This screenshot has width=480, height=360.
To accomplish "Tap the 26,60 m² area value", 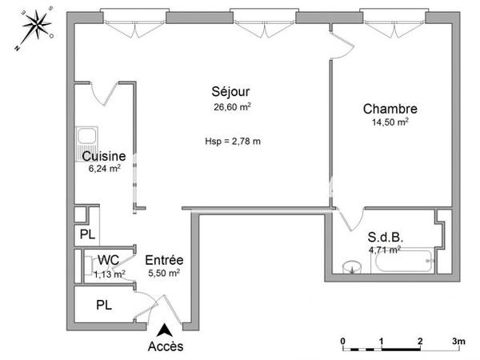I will [x=227, y=106].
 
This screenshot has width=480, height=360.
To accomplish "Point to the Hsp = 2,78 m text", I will [x=233, y=142].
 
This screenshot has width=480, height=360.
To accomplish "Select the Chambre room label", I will [x=390, y=109].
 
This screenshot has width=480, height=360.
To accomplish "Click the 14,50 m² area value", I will [x=390, y=122].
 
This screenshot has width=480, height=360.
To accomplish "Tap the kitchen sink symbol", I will [x=85, y=141].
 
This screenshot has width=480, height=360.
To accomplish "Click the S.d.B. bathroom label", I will [x=384, y=237].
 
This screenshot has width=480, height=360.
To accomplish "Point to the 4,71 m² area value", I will [x=384, y=250].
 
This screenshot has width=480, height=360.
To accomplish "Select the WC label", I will [x=108, y=260].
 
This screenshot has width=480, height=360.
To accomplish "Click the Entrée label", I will [x=165, y=260].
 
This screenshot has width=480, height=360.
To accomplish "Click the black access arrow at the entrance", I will [x=166, y=329].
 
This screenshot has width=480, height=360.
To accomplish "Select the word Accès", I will [x=166, y=346].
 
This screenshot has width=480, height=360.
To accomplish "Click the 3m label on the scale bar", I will [x=458, y=341].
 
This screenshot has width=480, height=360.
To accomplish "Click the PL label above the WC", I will [x=86, y=235].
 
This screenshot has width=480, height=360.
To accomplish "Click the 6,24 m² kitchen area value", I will [x=104, y=169].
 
